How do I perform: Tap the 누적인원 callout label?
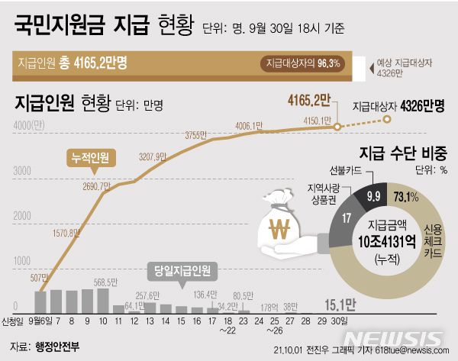click(89, 158)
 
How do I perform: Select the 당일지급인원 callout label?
click(182, 269)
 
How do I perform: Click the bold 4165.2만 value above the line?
click(308, 100)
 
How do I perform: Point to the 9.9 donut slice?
click(374, 197)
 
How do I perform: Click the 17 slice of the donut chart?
click(348, 218)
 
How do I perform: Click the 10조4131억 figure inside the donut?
click(388, 243)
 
